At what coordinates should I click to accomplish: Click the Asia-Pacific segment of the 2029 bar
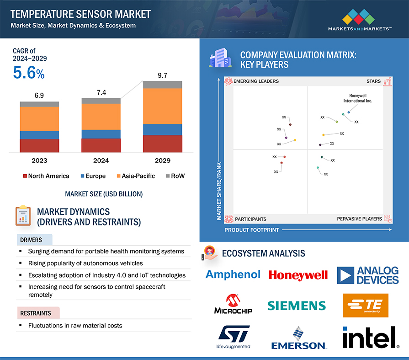(x=163, y=106)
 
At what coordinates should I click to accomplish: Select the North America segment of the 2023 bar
(x=39, y=145)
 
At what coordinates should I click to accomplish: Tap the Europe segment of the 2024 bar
(x=101, y=134)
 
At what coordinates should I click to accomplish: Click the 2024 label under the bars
(x=101, y=161)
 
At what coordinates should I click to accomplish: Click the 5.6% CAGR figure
(x=28, y=73)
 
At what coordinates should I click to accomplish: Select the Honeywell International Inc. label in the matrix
(x=357, y=98)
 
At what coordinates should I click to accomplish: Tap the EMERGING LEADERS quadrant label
(x=256, y=81)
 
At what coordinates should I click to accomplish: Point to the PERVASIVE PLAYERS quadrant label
(x=360, y=219)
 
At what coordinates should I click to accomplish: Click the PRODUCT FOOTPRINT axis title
(x=251, y=230)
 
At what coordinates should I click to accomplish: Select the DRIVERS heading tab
(x=31, y=240)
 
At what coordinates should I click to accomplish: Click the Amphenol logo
(x=233, y=274)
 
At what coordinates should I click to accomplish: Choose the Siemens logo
(x=297, y=305)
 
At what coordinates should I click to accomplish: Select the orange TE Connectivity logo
(x=365, y=305)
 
